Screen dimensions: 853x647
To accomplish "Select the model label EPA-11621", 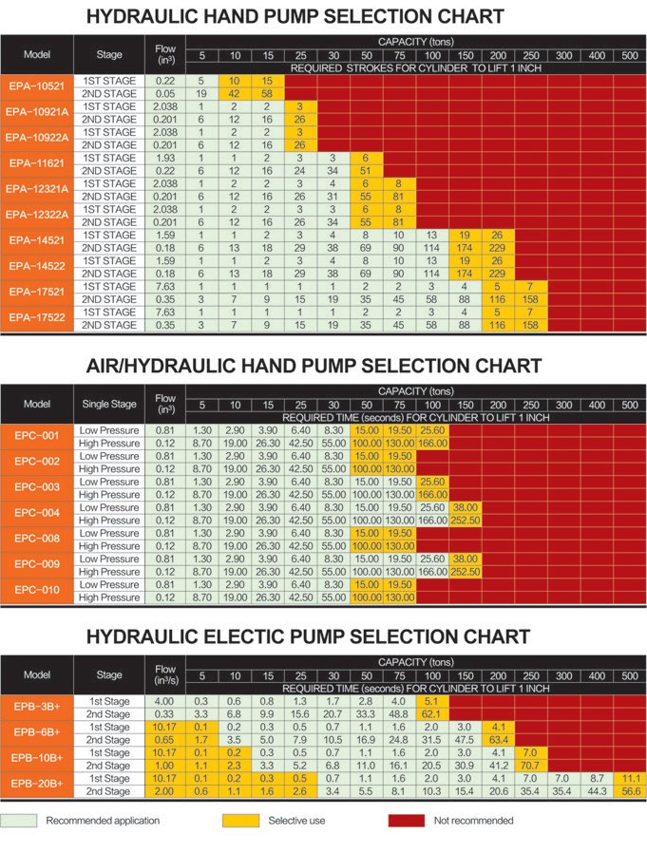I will [x=36, y=163].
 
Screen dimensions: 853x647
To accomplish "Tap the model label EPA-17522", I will [x=36, y=317].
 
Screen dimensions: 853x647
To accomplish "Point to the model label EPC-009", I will [x=36, y=565].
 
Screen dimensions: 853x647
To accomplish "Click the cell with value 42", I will [x=234, y=94].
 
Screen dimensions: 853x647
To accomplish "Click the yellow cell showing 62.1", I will [x=431, y=712].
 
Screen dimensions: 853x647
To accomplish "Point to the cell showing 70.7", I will [x=530, y=765].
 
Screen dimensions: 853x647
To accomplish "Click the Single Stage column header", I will [x=109, y=405].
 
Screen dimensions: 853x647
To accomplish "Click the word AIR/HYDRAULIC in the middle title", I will [x=177, y=366].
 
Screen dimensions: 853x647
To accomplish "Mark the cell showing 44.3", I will [x=597, y=790].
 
